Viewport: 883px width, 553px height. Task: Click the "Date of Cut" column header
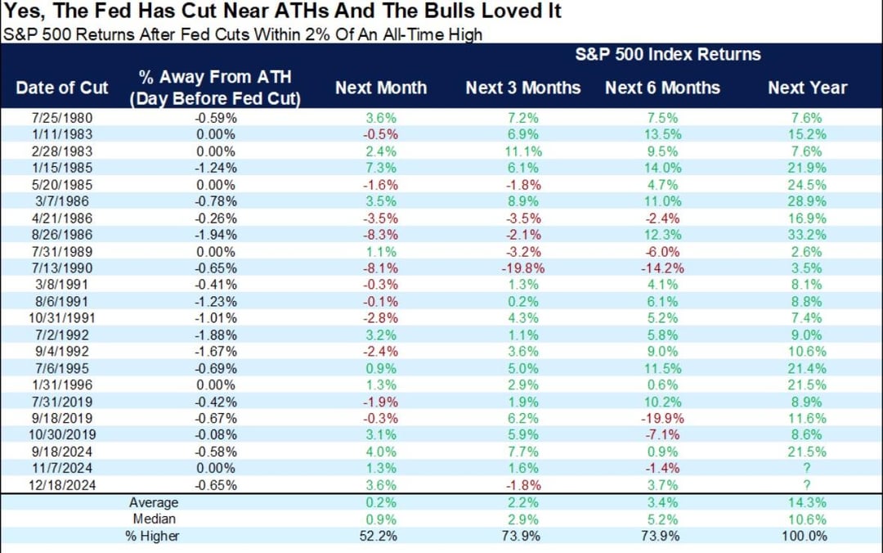coord(62,88)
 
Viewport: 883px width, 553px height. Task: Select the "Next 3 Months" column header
coord(523,88)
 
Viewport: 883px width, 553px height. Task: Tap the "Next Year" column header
coord(807,88)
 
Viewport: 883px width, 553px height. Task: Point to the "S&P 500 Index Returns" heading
coord(667,55)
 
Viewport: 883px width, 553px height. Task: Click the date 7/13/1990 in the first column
coord(62,268)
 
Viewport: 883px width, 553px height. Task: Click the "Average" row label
coord(153,503)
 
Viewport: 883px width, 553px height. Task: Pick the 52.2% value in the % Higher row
coord(381,536)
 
